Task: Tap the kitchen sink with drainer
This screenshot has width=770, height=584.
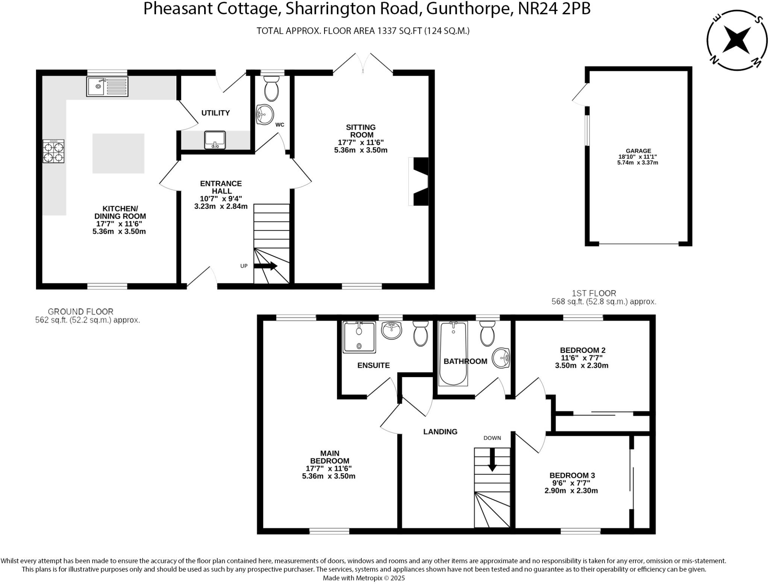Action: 107,87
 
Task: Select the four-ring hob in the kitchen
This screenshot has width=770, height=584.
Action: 53,151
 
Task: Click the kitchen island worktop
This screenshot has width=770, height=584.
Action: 118,154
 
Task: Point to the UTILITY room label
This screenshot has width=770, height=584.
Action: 215,113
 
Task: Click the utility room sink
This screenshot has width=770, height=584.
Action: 215,140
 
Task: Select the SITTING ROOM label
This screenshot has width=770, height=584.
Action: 361,131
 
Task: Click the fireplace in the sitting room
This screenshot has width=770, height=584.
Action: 420,181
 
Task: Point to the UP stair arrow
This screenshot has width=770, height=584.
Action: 266,266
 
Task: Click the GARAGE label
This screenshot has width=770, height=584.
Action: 638,151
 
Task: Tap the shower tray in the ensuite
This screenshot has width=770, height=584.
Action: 359,337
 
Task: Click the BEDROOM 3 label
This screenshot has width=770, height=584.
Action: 572,475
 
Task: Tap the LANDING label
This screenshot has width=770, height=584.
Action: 440,432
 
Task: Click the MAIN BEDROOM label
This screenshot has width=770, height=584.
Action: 330,457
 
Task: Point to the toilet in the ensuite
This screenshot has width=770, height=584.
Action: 421,333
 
